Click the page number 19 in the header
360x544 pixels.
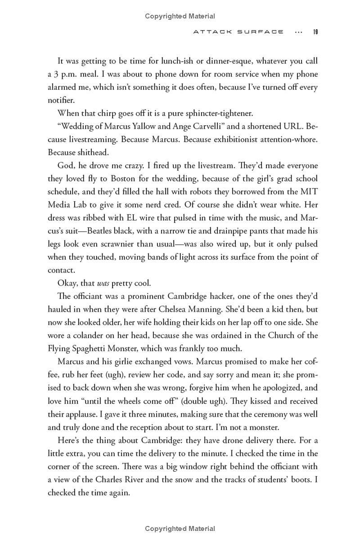click(315, 32)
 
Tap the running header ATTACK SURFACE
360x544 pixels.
click(238, 32)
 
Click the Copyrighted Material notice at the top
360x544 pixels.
click(180, 16)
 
